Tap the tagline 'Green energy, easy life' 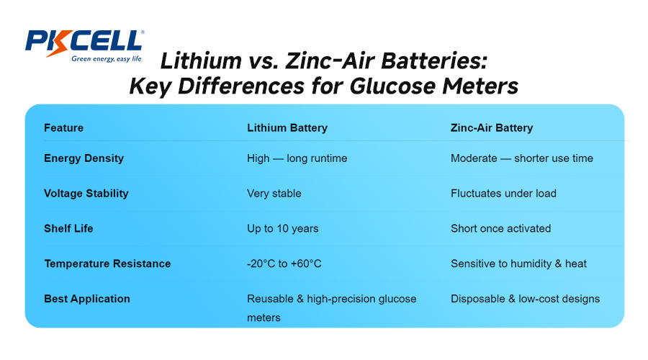[x=107, y=60]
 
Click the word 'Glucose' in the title [x=390, y=86]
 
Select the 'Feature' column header [x=63, y=128]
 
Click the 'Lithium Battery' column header [x=287, y=128]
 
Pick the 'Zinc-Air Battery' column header [x=492, y=128]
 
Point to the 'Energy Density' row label [x=84, y=158]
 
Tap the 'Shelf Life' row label [x=68, y=228]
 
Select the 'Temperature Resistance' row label [x=107, y=264]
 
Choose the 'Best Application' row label [x=87, y=299]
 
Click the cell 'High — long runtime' [x=297, y=158]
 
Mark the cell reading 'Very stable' [x=274, y=193]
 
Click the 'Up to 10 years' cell [x=282, y=228]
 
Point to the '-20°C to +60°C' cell [x=284, y=264]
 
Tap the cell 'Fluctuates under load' [x=503, y=193]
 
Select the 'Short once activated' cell [x=500, y=228]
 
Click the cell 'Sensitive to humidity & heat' [x=518, y=264]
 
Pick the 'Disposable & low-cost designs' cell [x=525, y=299]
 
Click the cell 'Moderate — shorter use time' [x=521, y=158]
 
